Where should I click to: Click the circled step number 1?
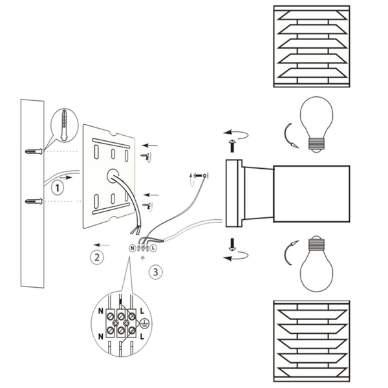click(x=58, y=188)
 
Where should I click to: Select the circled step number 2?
click(x=97, y=257)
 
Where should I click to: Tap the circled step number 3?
click(x=156, y=272)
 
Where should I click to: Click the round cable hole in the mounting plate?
click(x=113, y=175)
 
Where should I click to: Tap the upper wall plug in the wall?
click(x=34, y=151)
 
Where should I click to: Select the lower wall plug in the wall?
click(x=34, y=201)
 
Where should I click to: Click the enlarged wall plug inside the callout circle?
click(x=64, y=125)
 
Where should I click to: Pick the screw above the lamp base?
click(x=232, y=146)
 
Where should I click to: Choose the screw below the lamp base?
click(x=232, y=244)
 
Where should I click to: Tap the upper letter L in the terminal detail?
click(x=142, y=311)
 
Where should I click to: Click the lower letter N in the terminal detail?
click(x=101, y=336)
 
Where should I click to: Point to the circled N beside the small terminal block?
click(x=133, y=248)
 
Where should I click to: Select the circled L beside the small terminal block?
click(x=153, y=248)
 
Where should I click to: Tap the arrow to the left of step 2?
click(x=102, y=245)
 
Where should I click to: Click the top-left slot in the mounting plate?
click(x=96, y=152)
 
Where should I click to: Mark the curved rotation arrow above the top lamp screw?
click(x=236, y=134)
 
